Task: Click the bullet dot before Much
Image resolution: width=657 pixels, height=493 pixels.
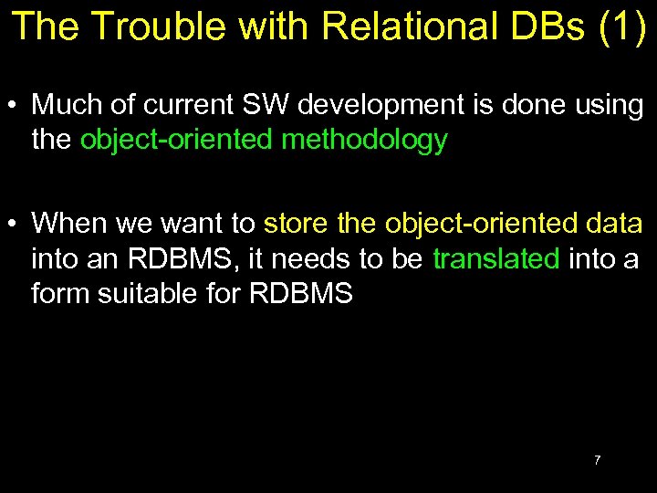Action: (16, 106)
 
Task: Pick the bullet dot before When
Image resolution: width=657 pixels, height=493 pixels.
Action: (16, 224)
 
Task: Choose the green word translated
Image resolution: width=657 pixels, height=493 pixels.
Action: (495, 259)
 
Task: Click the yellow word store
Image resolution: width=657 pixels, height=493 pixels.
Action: (297, 223)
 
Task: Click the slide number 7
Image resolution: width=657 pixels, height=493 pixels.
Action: (597, 460)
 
